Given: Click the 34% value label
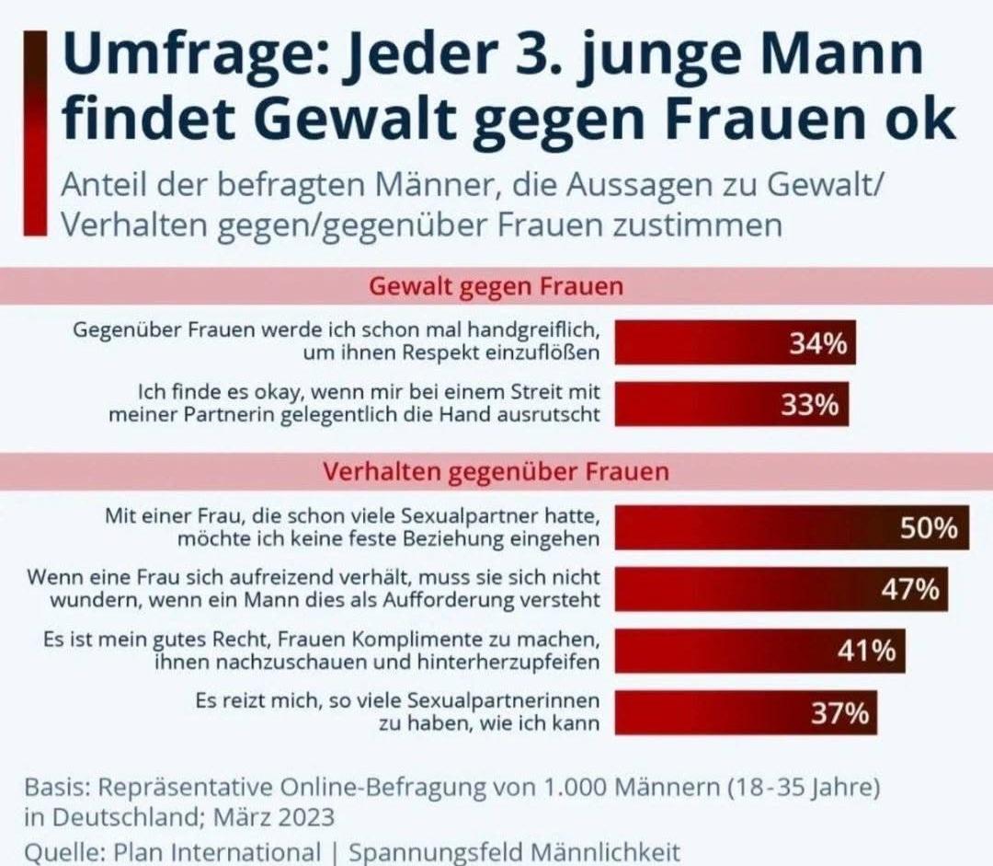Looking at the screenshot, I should (x=817, y=343).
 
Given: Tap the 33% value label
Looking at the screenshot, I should (x=810, y=405).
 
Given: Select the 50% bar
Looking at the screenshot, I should (x=791, y=528).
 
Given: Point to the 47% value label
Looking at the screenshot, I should (x=909, y=590).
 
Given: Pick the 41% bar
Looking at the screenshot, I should (x=759, y=652).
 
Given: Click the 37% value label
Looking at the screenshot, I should (x=839, y=713).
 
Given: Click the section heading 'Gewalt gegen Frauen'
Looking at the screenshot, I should (x=496, y=286).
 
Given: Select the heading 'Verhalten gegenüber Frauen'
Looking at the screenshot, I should (x=496, y=472).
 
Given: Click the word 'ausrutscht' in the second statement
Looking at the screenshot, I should (x=551, y=414).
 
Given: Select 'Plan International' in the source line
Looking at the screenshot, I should (x=217, y=852).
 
